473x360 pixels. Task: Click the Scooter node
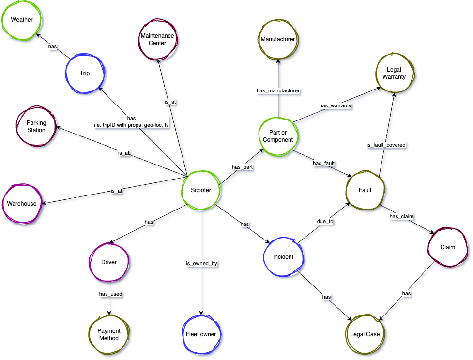[201, 190]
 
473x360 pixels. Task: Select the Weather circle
[21, 20]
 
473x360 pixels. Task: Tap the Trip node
[85, 73]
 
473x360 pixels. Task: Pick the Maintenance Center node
[157, 40]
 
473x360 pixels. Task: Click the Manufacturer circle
[277, 39]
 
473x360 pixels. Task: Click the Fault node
[365, 190]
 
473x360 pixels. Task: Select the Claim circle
[447, 247]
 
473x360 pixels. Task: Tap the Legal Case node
[365, 334]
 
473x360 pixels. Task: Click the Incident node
[283, 256]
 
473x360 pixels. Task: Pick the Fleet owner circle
[201, 334]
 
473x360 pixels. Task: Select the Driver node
[108, 262]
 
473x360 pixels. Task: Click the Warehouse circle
[21, 204]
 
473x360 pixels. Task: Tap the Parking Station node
[36, 127]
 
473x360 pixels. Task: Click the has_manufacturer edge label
[277, 90]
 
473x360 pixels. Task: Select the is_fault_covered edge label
[386, 144]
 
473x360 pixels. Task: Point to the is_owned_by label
[201, 264]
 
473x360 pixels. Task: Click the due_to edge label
[325, 221]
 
